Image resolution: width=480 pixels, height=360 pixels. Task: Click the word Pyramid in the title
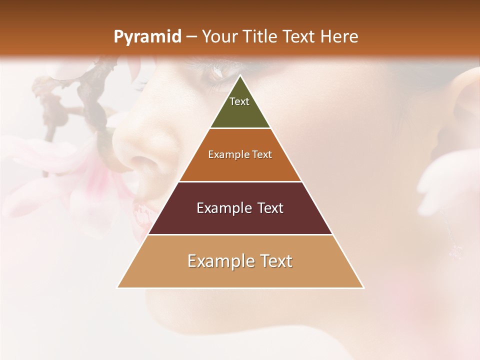[x=147, y=37]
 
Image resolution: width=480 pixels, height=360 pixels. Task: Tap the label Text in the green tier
[x=239, y=101]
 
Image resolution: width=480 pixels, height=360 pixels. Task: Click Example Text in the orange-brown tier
[x=240, y=154]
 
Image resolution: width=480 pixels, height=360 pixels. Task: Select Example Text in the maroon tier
[x=240, y=208]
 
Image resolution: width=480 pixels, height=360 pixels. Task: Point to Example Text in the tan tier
[x=240, y=261]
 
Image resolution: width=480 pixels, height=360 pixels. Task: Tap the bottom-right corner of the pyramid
[x=363, y=287]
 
